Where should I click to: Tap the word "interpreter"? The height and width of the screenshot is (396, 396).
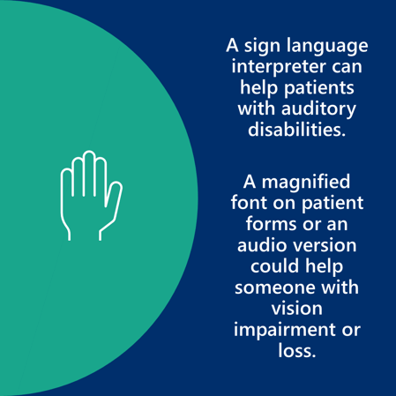coord(279,67)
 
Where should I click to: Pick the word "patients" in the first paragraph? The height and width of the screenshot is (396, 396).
coord(319,88)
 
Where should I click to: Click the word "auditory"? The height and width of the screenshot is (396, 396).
coord(318,109)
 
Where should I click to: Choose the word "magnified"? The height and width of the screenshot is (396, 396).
coord(306,182)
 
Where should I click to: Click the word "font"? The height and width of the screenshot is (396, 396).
coord(250,203)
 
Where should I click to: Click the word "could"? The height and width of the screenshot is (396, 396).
coord(275,265)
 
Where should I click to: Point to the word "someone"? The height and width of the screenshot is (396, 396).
coord(274,288)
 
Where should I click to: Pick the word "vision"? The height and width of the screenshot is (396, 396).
coord(296,309)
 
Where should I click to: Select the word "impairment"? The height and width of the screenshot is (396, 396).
coord(285,330)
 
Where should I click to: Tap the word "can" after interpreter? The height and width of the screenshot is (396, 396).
coord(347,68)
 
